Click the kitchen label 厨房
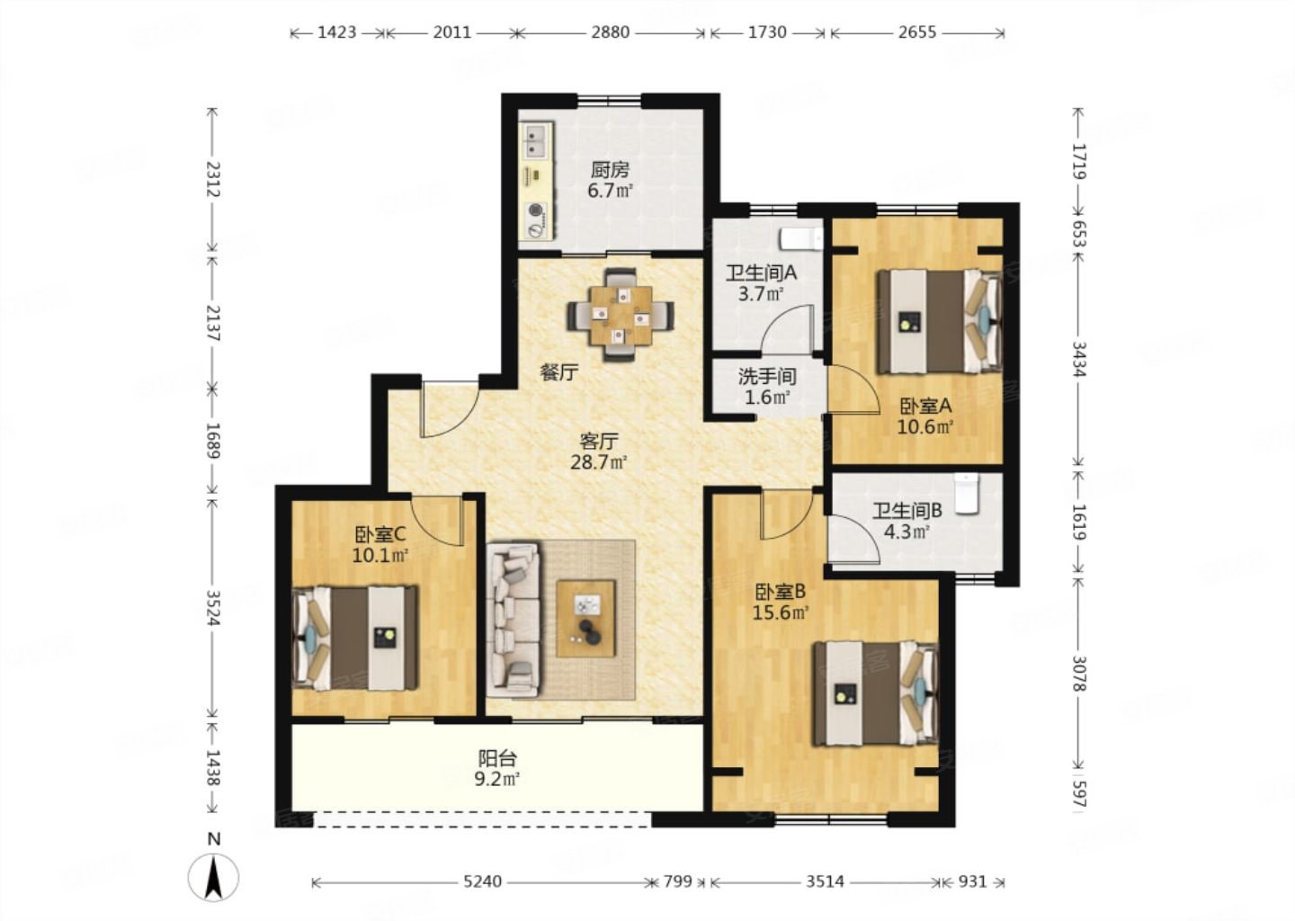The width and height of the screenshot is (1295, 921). (x=609, y=169)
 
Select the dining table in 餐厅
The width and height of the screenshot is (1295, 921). (x=621, y=316)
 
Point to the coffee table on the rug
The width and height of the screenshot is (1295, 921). (x=586, y=619)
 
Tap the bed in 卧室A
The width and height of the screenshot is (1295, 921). (x=940, y=321)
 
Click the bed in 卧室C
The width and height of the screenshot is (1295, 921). (x=355, y=638)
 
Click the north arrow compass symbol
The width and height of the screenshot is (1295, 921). (x=213, y=877)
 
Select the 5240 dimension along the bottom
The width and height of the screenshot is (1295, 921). (x=482, y=881)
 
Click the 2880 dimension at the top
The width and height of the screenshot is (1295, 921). (x=610, y=32)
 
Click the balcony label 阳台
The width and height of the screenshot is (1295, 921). (x=496, y=759)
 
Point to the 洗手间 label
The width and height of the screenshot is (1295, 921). (x=766, y=377)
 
